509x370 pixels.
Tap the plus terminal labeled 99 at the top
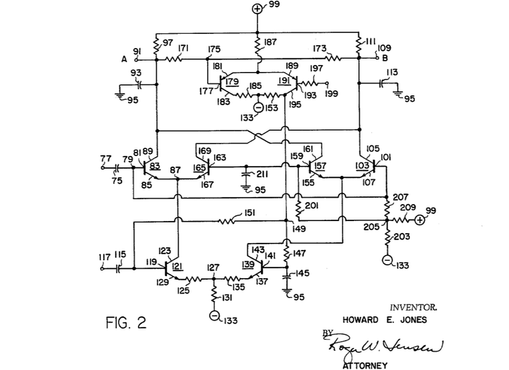(257, 9)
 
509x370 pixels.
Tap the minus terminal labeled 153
(258, 107)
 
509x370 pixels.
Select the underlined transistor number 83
(155, 165)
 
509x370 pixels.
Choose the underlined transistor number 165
(200, 168)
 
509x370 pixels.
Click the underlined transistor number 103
(362, 165)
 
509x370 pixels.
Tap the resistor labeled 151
(228, 220)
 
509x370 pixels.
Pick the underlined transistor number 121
(178, 266)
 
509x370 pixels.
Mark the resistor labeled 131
(213, 297)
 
